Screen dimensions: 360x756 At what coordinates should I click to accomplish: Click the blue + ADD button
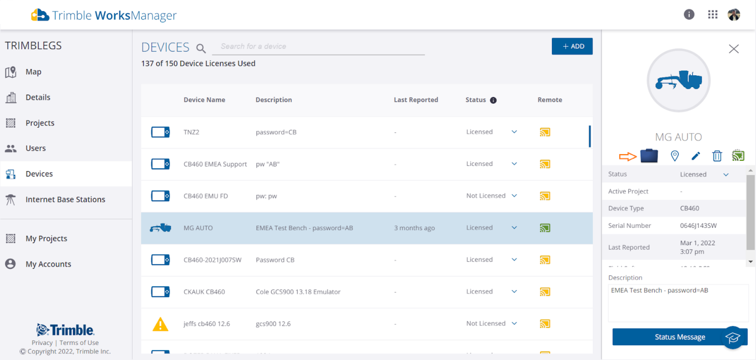pyautogui.click(x=572, y=46)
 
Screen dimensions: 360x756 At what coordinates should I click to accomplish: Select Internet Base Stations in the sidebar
pyautogui.click(x=65, y=199)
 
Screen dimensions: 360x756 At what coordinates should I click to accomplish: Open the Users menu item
pyautogui.click(x=35, y=148)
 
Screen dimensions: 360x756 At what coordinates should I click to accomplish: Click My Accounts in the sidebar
pyautogui.click(x=48, y=264)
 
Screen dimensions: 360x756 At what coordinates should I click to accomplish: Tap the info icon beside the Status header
pyautogui.click(x=493, y=100)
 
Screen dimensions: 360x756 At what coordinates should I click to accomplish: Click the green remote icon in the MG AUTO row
pyautogui.click(x=545, y=228)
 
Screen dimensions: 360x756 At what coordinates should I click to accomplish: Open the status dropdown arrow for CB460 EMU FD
pyautogui.click(x=514, y=196)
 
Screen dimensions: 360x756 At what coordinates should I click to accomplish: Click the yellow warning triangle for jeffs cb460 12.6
pyautogui.click(x=160, y=324)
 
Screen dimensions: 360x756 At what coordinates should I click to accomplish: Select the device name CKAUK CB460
pyautogui.click(x=204, y=292)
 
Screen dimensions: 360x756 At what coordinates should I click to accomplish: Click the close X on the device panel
pyautogui.click(x=734, y=49)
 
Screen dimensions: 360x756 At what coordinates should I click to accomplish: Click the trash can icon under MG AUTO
pyautogui.click(x=717, y=156)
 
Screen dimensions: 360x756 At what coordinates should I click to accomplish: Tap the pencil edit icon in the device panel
pyautogui.click(x=696, y=156)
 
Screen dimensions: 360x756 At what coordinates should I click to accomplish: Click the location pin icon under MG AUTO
pyautogui.click(x=675, y=156)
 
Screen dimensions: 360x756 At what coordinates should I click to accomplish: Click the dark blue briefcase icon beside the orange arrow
pyautogui.click(x=649, y=156)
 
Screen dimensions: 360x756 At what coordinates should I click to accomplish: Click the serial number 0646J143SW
pyautogui.click(x=698, y=225)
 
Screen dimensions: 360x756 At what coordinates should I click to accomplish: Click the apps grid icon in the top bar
pyautogui.click(x=712, y=15)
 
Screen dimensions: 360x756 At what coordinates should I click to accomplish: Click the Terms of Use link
pyautogui.click(x=79, y=343)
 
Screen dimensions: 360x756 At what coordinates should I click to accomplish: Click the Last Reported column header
pyautogui.click(x=416, y=100)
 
